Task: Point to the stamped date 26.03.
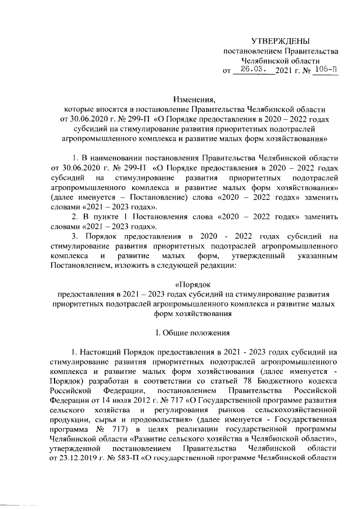[253, 70]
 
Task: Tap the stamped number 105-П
[326, 70]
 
